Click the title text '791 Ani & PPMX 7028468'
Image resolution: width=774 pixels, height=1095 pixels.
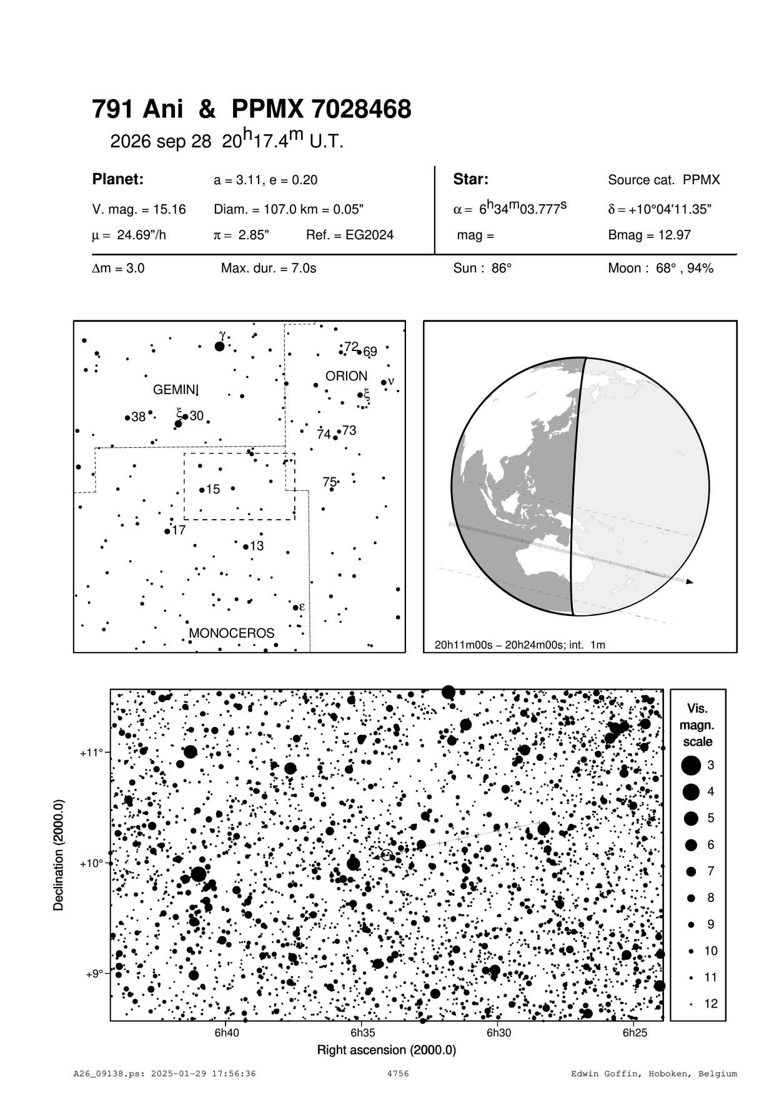click(251, 110)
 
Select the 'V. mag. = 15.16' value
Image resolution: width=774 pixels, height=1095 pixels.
click(139, 209)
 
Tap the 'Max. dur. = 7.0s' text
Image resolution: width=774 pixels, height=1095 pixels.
click(269, 269)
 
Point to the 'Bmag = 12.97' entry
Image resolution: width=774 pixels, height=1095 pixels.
click(649, 235)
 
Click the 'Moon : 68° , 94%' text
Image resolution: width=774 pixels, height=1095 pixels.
click(660, 269)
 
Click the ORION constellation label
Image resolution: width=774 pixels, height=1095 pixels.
click(346, 376)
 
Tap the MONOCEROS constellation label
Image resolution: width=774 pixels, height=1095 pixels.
click(231, 633)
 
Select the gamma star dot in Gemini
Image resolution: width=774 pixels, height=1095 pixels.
click(219, 346)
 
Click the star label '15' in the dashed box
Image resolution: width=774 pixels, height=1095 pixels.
click(213, 490)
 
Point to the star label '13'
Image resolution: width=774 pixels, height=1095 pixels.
click(257, 547)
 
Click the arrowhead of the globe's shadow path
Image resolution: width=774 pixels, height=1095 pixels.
click(689, 582)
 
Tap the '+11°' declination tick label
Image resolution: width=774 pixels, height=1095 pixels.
click(91, 753)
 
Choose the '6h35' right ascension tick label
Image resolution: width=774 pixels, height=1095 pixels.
click(362, 1033)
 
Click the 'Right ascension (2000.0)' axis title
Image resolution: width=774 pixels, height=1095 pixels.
click(386, 1050)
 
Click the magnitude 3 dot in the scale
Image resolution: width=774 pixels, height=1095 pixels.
click(690, 765)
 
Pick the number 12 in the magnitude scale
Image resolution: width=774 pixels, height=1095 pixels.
click(711, 1004)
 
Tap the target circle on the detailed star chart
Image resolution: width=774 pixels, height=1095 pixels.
click(387, 855)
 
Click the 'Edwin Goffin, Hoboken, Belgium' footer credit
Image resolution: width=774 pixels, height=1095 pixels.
click(654, 1074)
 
